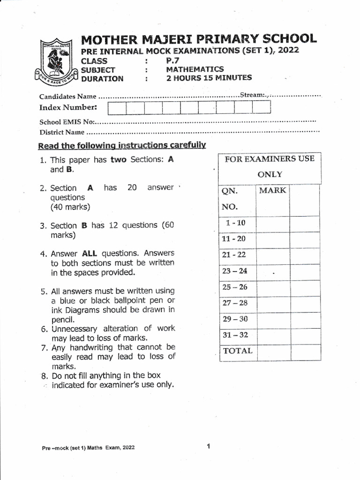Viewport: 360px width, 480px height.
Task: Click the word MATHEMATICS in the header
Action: tap(195, 69)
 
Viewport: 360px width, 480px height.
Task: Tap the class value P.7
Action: tap(172, 60)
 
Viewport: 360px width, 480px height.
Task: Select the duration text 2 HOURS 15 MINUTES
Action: tap(209, 78)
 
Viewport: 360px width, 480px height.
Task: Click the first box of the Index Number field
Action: tap(117, 108)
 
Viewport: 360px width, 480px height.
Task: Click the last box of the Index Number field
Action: tap(261, 108)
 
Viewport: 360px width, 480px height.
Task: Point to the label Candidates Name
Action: tap(67, 97)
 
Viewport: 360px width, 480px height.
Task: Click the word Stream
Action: tap(252, 95)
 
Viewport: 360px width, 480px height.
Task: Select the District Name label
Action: tap(62, 132)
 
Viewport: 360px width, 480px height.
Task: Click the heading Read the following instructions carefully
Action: tap(122, 145)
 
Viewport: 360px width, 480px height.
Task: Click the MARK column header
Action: tap(272, 191)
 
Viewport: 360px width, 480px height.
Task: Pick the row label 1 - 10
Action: tap(235, 223)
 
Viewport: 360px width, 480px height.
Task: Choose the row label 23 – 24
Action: tap(235, 271)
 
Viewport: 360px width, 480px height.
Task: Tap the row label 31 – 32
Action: tap(235, 335)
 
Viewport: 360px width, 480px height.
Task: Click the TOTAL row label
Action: tap(237, 351)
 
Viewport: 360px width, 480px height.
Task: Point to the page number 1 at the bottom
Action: tap(208, 446)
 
